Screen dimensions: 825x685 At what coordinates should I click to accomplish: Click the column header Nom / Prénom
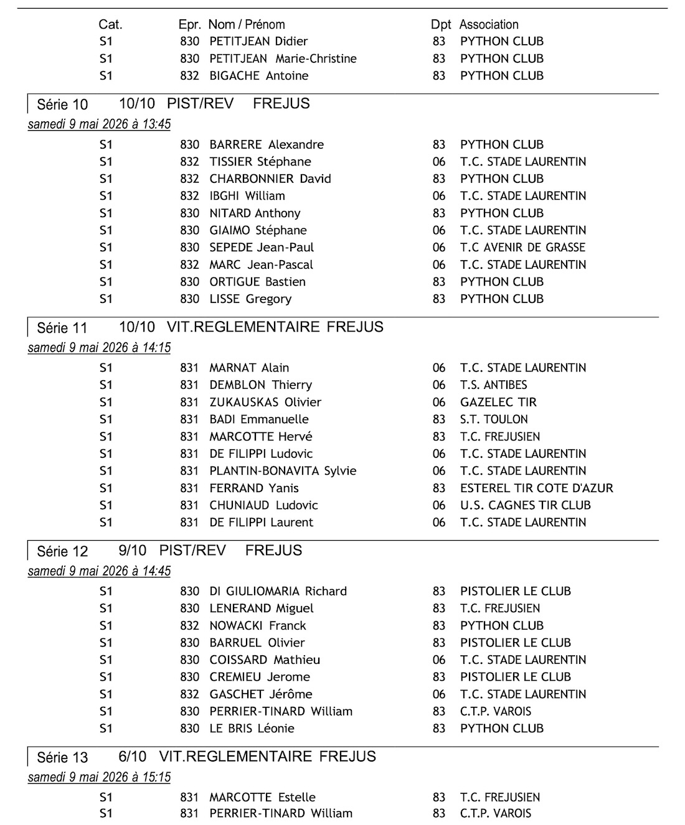pos(247,25)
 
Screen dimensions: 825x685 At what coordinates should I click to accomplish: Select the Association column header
pos(489,25)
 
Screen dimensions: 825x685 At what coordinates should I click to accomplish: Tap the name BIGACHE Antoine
pos(259,76)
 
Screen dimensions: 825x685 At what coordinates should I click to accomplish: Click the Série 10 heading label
pos(62,104)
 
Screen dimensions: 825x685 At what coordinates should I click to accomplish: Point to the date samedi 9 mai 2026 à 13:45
pos(99,124)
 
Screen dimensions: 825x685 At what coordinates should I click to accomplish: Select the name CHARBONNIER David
pos(270,179)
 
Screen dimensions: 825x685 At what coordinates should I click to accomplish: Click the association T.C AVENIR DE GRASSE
pos(522,247)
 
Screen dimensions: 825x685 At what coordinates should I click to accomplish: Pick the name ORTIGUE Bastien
pos(257,282)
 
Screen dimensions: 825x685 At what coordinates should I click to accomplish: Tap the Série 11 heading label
pos(62,327)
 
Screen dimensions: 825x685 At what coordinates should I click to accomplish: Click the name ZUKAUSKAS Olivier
pos(265,402)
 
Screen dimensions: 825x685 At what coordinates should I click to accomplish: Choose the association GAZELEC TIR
pos(498,402)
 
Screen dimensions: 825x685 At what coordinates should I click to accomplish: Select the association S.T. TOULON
pos(494,419)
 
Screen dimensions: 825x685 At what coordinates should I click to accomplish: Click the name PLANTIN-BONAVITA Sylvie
pos(283,471)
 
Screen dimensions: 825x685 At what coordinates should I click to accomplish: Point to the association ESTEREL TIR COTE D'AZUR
pos(536,488)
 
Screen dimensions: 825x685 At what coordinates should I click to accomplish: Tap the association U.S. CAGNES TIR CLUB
pos(525,505)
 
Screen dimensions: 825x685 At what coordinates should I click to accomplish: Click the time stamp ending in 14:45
pos(99,571)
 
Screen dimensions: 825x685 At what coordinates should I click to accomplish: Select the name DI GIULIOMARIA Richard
pos(278,591)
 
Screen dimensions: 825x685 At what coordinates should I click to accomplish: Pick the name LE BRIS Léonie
pos(252,729)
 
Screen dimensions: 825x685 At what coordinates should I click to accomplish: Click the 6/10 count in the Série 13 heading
pos(132,757)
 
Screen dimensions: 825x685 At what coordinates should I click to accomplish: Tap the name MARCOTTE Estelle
pos(262,797)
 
